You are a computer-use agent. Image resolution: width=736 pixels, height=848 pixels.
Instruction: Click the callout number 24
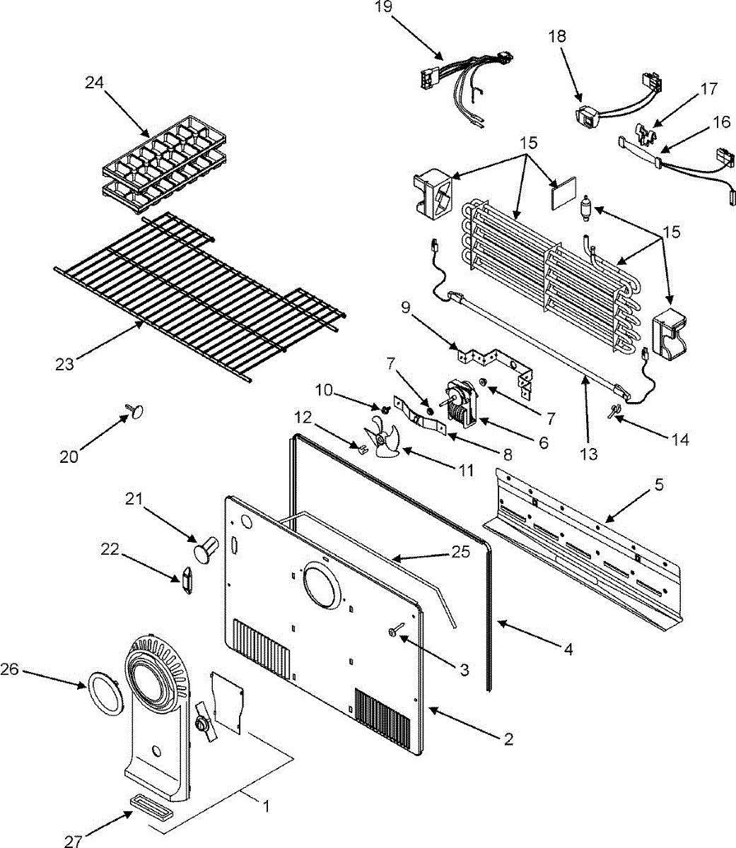tap(94, 83)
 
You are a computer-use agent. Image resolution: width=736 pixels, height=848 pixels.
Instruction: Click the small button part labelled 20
tap(135, 411)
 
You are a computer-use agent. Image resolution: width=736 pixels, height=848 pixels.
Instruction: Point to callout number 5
tap(658, 485)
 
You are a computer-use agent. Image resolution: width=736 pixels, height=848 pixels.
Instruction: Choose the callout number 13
tap(589, 454)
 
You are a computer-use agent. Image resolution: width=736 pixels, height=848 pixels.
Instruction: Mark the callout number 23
tap(65, 365)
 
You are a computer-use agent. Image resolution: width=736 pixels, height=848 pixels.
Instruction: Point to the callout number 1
tap(267, 806)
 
